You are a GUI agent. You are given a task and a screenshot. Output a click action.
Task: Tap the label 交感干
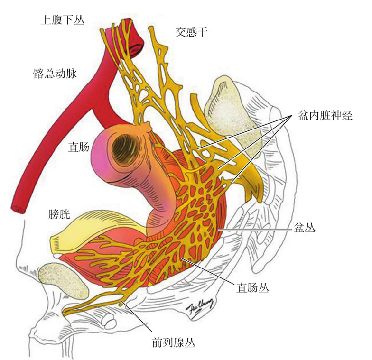coord(191,32)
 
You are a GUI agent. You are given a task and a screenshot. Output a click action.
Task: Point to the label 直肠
coord(79,147)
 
